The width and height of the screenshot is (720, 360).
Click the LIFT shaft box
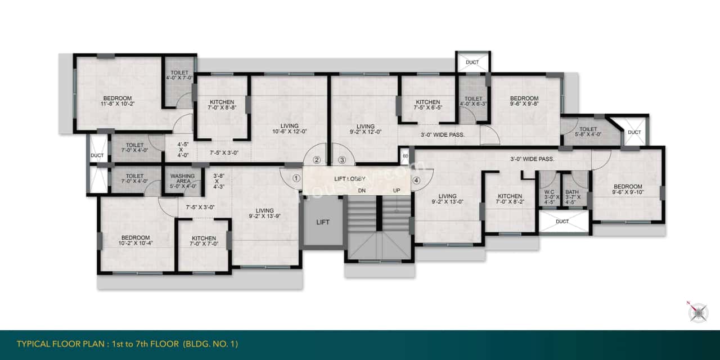coord(323,222)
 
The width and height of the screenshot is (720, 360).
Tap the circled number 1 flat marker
coord(296,179)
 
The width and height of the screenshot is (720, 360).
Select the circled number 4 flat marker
coord(416,181)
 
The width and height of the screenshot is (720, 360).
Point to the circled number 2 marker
coord(317,160)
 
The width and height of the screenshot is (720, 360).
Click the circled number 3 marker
coord(342,160)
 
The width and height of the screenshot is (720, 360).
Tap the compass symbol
coord(697,312)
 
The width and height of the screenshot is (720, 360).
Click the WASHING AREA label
coord(182,179)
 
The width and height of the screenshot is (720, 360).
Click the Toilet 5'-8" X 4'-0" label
coord(588,132)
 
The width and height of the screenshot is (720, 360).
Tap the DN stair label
coord(363,191)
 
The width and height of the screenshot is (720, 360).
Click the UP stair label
coord(397,191)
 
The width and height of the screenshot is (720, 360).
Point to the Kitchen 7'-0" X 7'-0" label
coord(204,241)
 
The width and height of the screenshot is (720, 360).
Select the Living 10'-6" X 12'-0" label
coord(289,129)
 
